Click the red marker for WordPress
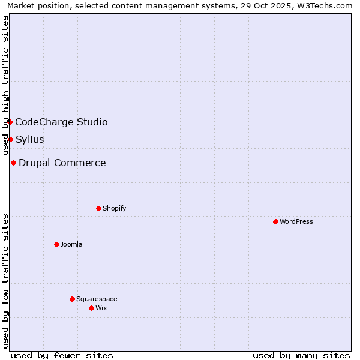point(275,221)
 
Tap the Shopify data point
point(98,208)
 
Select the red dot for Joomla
point(56,244)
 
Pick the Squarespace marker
point(72,299)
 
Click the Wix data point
point(91,308)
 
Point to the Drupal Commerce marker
point(13,163)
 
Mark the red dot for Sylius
point(10,139)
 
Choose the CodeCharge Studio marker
point(10,122)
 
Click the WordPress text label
point(296,221)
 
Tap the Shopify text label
point(114,208)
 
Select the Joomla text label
point(71,244)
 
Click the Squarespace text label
point(97,299)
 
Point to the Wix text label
point(101,308)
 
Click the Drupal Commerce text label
point(62,163)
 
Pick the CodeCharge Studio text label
point(61,122)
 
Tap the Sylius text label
point(30,139)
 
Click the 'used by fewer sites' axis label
point(62,355)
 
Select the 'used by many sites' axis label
point(301,355)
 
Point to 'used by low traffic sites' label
point(6,281)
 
